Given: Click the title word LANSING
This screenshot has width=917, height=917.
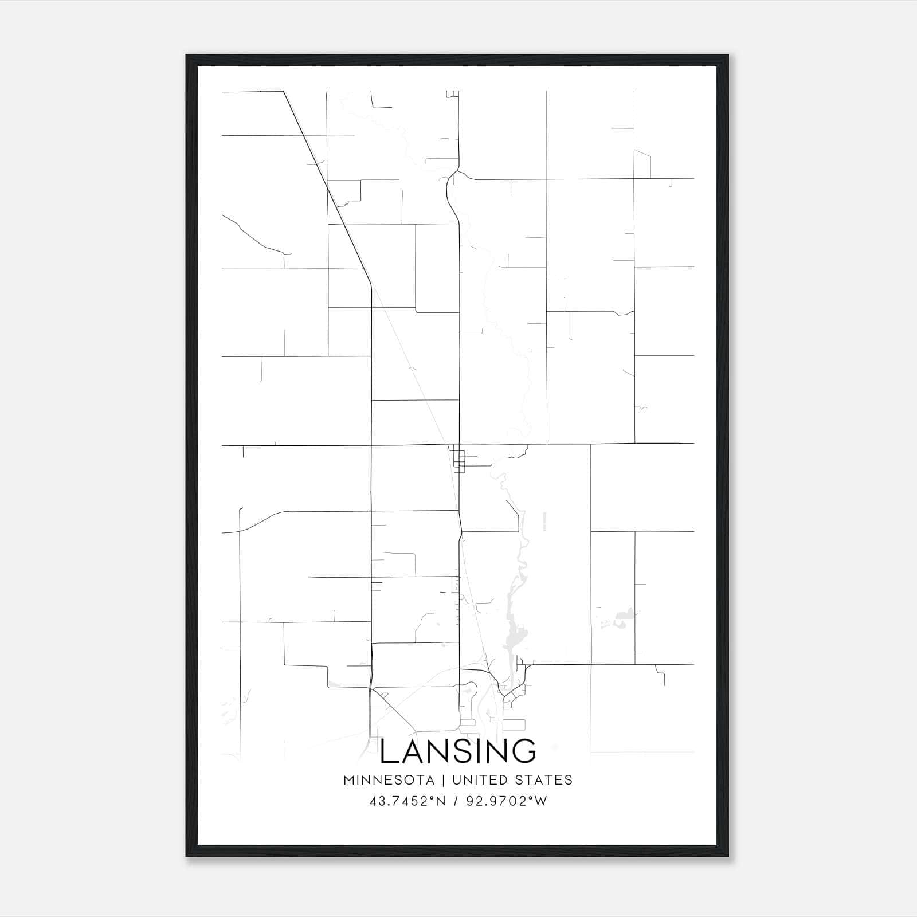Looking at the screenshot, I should click(x=458, y=751).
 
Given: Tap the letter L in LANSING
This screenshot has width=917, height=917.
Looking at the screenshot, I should click(x=390, y=751).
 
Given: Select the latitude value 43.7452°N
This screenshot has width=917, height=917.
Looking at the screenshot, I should click(x=407, y=801).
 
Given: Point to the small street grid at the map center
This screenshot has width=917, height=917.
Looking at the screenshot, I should click(x=458, y=459).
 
